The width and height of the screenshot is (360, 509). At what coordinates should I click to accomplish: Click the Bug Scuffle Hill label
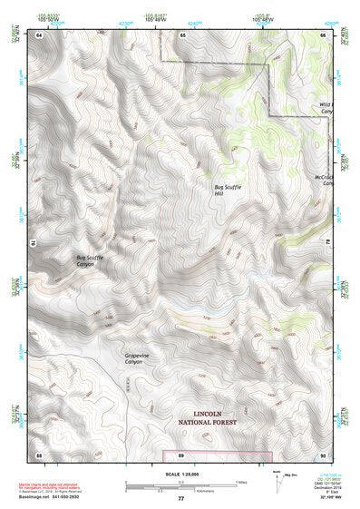tap(227, 189)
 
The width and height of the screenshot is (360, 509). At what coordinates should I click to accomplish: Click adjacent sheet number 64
tap(40, 34)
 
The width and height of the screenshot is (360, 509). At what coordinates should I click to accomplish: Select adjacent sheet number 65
tap(182, 34)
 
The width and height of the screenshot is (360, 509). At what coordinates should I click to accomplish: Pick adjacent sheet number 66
tap(322, 34)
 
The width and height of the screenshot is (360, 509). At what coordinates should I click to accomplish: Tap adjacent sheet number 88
tap(40, 454)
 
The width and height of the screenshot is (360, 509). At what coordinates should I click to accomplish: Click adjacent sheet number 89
tap(181, 454)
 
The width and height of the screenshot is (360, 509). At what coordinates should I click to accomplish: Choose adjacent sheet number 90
tap(322, 454)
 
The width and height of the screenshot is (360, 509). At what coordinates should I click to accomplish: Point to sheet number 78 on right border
tap(327, 243)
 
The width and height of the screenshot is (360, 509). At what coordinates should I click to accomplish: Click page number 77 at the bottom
tap(180, 499)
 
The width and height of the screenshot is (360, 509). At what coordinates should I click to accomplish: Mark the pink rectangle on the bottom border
tap(217, 455)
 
